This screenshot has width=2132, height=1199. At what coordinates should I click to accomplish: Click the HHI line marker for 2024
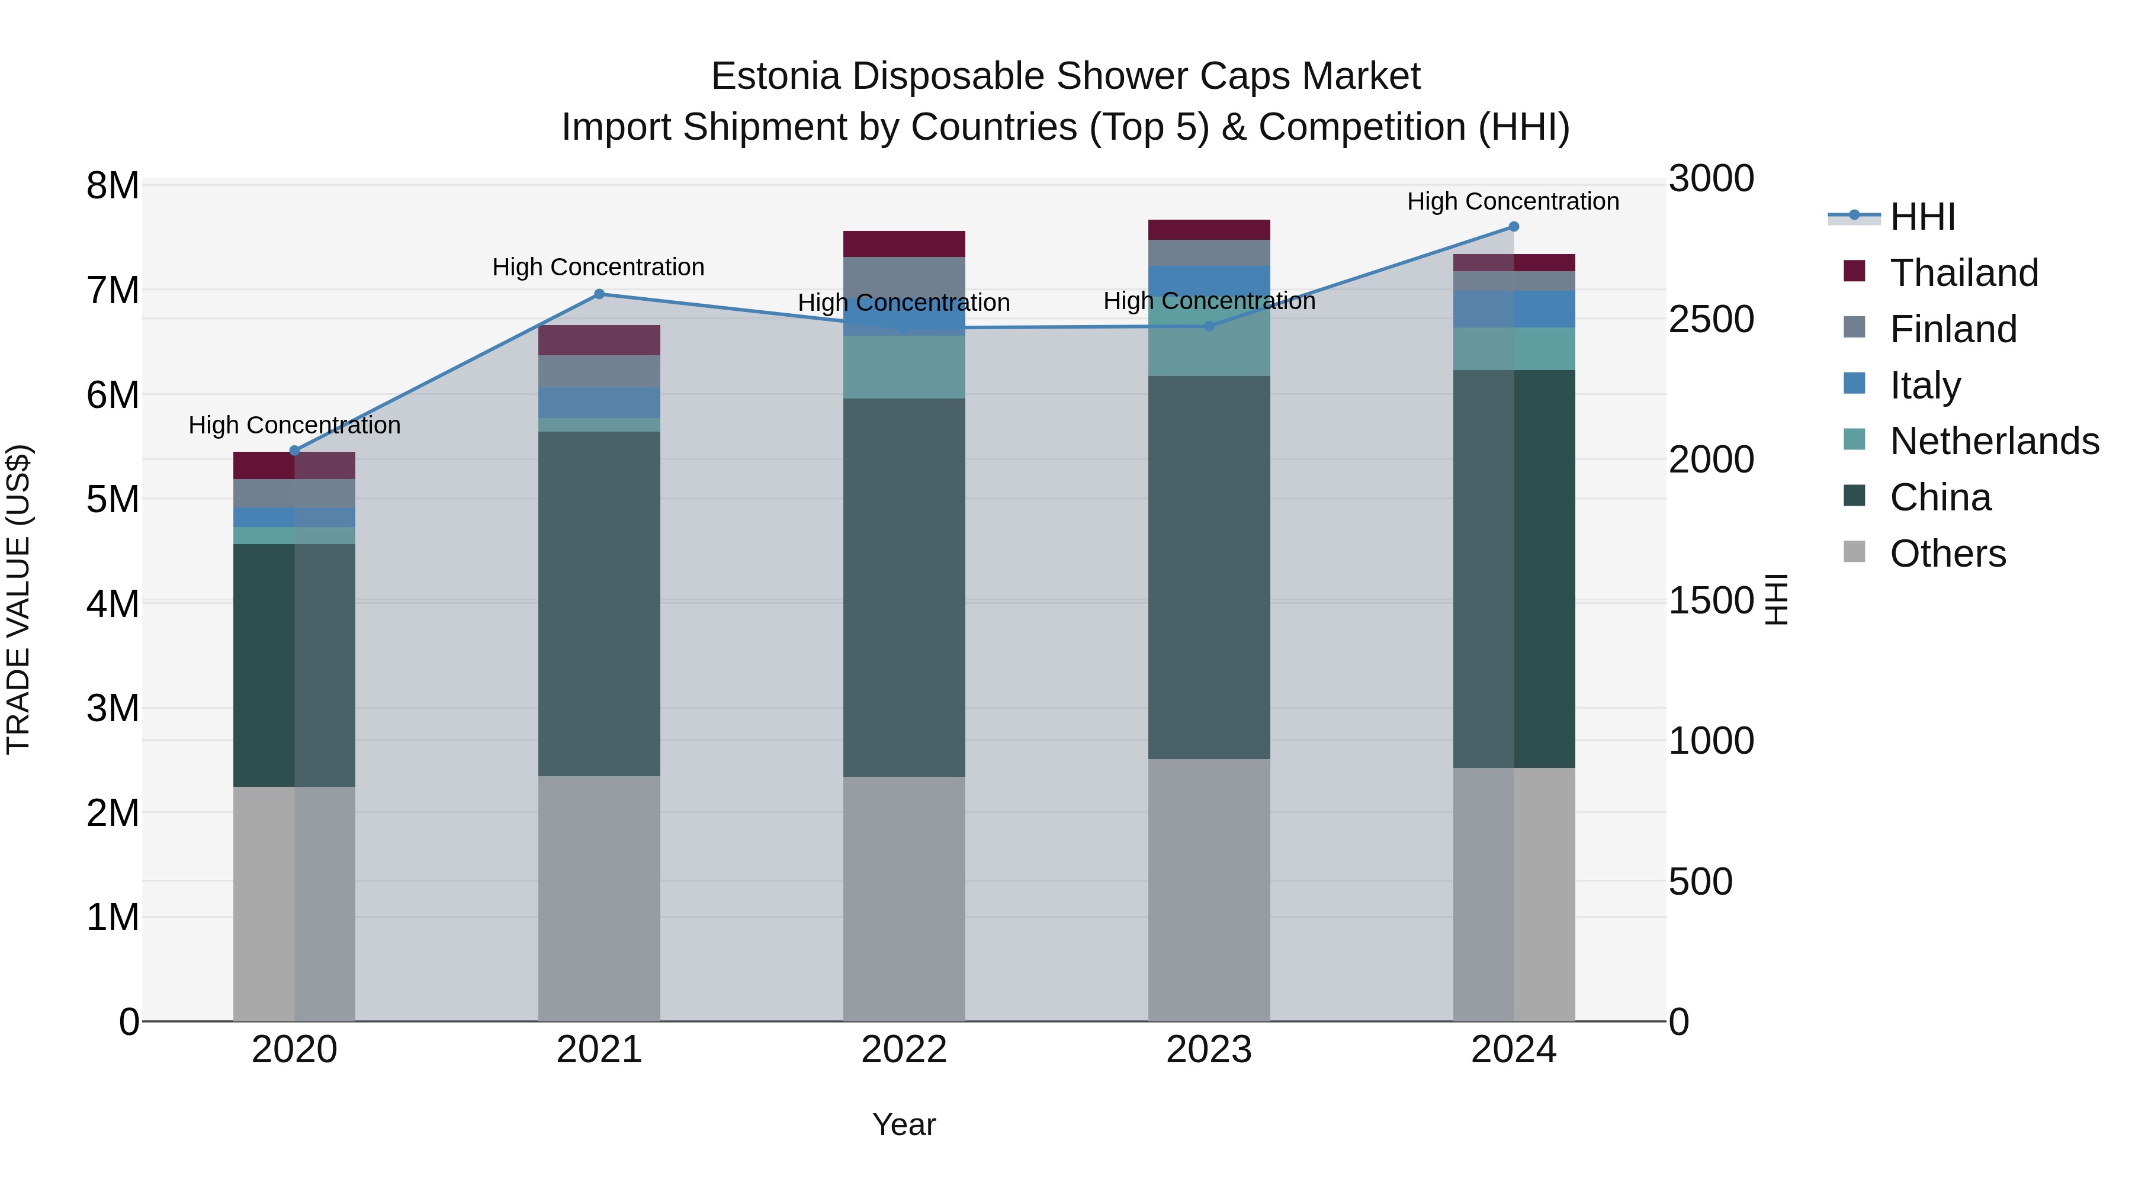pyautogui.click(x=1514, y=227)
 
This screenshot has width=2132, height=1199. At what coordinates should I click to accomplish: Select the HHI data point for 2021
pyautogui.click(x=599, y=294)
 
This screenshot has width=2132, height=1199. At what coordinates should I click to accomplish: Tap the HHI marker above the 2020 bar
pyautogui.click(x=295, y=451)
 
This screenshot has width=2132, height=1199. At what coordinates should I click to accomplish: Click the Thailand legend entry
pyautogui.click(x=1964, y=273)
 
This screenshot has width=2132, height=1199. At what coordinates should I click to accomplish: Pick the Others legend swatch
pyautogui.click(x=1854, y=552)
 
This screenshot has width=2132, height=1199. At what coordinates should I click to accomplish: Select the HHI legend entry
pyautogui.click(x=1922, y=217)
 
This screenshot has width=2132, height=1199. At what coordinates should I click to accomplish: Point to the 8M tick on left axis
pyautogui.click(x=113, y=185)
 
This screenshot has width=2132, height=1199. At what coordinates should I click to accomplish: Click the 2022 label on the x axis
pyautogui.click(x=904, y=1050)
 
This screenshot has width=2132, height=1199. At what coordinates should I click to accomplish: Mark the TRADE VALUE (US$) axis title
pyautogui.click(x=18, y=599)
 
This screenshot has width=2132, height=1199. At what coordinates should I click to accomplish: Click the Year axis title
pyautogui.click(x=904, y=1124)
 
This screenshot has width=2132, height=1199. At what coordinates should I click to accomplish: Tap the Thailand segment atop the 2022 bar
pyautogui.click(x=904, y=244)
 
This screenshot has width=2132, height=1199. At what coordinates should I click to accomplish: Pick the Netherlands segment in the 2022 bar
pyautogui.click(x=904, y=367)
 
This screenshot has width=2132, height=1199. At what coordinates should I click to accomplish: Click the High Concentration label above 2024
pyautogui.click(x=1513, y=201)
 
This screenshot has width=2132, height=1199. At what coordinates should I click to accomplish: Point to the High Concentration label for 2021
pyautogui.click(x=598, y=267)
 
